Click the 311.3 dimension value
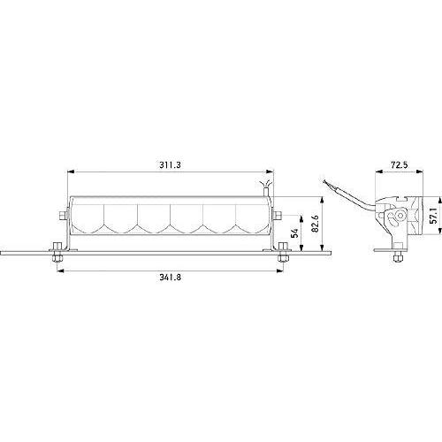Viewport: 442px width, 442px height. click(x=171, y=164)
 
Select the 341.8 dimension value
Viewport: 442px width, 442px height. click(x=171, y=277)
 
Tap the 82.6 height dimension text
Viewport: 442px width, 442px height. click(x=315, y=224)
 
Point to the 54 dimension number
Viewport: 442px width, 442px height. click(x=294, y=233)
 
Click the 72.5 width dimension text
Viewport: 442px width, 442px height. click(x=399, y=164)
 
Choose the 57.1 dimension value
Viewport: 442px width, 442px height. click(x=433, y=216)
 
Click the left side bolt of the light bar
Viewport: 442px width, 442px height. click(x=63, y=216)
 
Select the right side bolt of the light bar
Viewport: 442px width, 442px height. click(x=278, y=216)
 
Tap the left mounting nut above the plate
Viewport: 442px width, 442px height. click(x=57, y=247)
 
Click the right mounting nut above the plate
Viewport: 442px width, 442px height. click(x=283, y=247)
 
